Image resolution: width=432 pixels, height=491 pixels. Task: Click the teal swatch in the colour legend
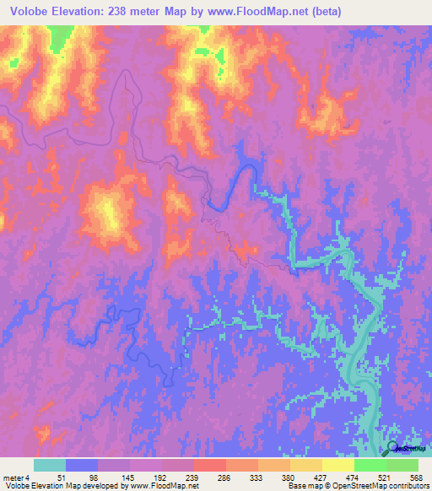[49, 465]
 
